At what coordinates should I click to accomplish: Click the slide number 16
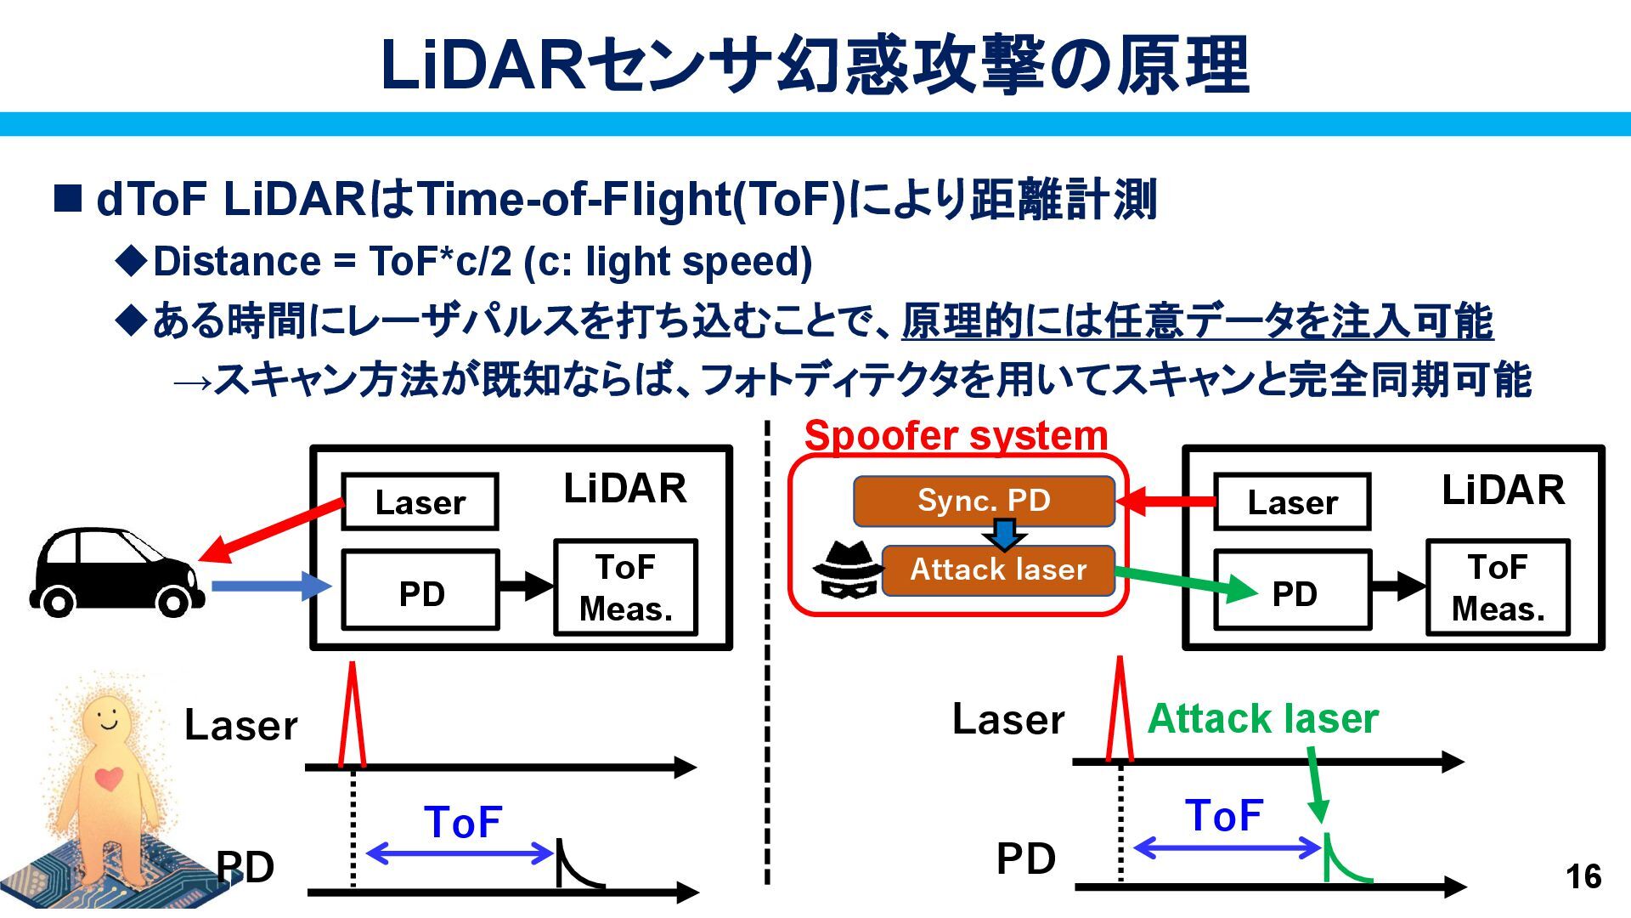tap(1583, 876)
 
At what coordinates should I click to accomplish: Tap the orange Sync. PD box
tap(984, 501)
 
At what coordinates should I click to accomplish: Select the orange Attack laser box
tap(998, 569)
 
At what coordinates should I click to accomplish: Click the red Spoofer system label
tap(956, 435)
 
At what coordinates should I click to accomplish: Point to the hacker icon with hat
tap(848, 569)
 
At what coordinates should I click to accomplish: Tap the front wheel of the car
tap(172, 602)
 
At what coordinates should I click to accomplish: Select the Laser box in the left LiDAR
tap(420, 502)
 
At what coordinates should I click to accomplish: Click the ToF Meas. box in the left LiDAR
tap(625, 587)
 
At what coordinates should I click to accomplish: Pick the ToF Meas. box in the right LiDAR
tap(1498, 587)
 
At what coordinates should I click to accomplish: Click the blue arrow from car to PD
tap(271, 585)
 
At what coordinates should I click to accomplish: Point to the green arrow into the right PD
tap(1186, 582)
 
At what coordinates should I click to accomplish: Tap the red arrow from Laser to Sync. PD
tap(1165, 501)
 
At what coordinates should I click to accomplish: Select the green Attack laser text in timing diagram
tap(1262, 718)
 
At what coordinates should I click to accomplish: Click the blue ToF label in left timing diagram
tap(463, 822)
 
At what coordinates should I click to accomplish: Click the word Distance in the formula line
tap(236, 261)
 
